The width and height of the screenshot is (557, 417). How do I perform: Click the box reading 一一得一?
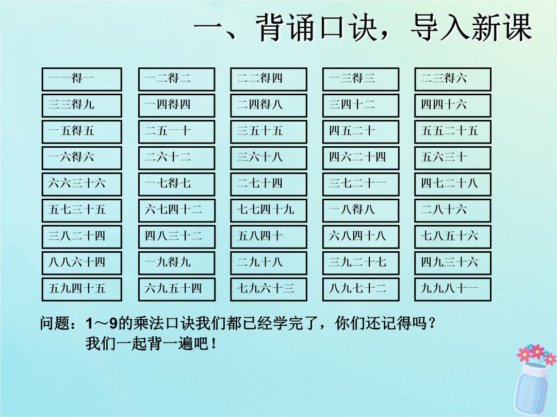coord(81,79)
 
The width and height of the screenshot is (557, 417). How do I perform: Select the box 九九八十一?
coord(453,289)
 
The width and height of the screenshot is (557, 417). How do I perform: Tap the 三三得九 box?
coord(81,106)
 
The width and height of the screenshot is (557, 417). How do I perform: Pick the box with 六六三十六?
coord(81,184)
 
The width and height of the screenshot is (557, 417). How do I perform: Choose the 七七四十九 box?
coord(269,211)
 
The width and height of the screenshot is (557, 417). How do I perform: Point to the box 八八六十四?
coord(81,263)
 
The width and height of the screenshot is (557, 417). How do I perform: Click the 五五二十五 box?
coord(453,132)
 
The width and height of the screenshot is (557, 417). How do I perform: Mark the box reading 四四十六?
coord(453,106)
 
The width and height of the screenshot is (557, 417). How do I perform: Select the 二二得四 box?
coord(269,79)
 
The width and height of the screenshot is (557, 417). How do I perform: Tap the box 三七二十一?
coord(361,184)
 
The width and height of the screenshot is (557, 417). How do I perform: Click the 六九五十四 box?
coord(176,289)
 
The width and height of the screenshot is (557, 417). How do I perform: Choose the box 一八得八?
coord(361,211)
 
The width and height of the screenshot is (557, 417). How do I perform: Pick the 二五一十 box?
coord(176,132)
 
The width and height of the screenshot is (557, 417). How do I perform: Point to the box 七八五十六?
coord(453,237)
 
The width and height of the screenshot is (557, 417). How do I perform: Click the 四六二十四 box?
coord(361,158)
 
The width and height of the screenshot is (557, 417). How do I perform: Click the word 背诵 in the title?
coord(285,28)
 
